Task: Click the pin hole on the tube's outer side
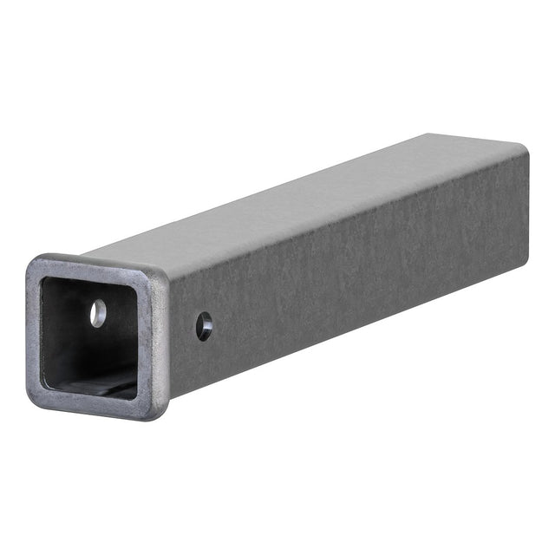204,326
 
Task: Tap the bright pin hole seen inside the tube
98,313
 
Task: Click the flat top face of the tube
304,204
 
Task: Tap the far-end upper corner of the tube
524,153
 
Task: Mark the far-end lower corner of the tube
526,260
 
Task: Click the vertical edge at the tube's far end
526,208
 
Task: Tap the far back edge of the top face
477,140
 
